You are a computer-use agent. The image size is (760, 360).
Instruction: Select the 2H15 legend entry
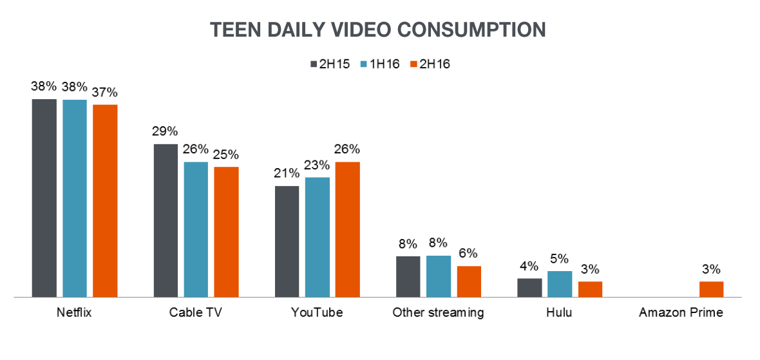point(330,64)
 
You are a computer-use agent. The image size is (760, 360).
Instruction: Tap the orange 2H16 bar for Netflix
point(105,200)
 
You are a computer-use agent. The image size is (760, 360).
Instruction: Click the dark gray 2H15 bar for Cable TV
point(166,220)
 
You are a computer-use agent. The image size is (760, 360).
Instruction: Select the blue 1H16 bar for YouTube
point(317,237)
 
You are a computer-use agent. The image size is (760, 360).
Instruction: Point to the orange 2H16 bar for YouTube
point(348,229)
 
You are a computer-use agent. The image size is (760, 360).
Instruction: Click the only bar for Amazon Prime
point(711,289)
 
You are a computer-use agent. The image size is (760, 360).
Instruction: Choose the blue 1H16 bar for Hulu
point(560,284)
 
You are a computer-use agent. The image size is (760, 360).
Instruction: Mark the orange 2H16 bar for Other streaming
point(469,281)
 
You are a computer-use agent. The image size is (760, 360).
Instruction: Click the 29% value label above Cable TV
point(165,131)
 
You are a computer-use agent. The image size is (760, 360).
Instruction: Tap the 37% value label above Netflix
point(105,92)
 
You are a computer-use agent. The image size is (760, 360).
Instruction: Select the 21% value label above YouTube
point(287,173)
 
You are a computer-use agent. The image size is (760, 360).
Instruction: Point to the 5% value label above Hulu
point(559,259)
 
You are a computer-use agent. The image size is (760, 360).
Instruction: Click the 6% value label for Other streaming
point(468,254)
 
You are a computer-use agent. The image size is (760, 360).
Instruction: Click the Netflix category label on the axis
point(75,313)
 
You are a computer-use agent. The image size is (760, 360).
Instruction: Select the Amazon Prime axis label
point(681,313)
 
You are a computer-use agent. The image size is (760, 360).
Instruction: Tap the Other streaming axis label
point(438,313)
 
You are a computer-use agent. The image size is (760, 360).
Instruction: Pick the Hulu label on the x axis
point(559,313)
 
